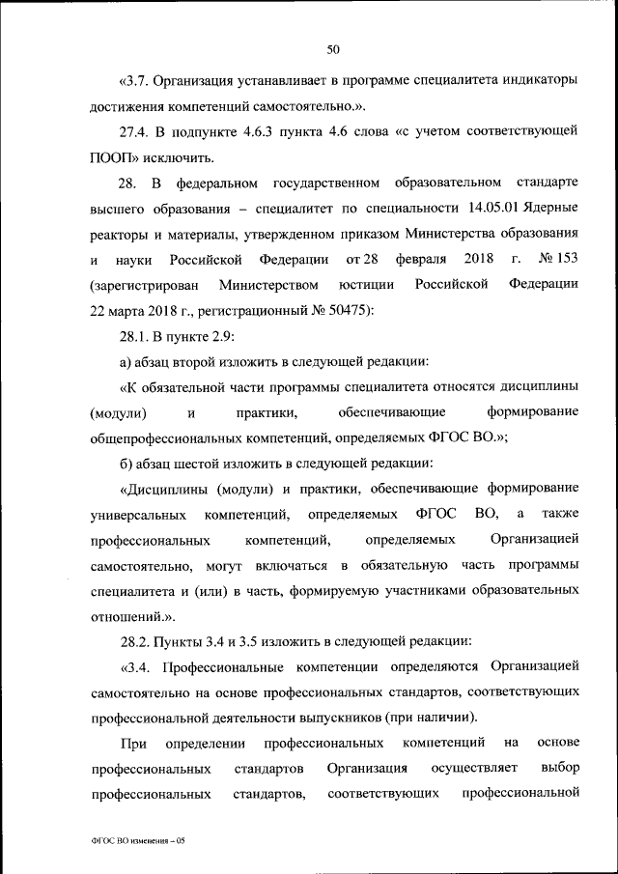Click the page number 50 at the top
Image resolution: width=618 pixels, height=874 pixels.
[x=333, y=49]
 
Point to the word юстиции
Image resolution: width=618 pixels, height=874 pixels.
[x=366, y=285]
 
